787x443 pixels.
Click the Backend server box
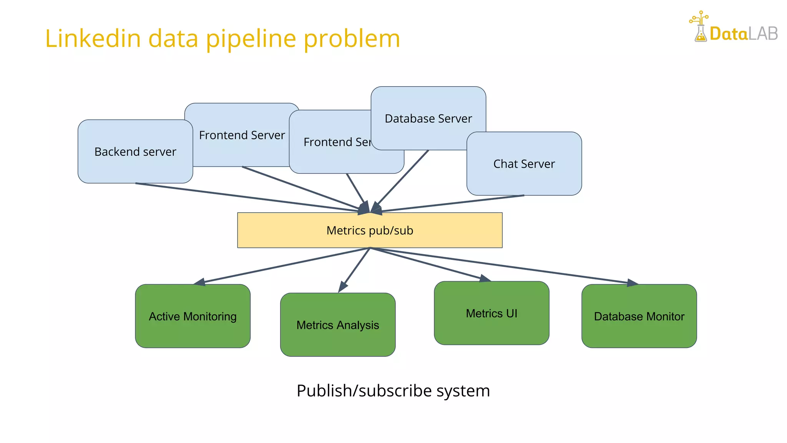(135, 152)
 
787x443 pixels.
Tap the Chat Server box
(524, 164)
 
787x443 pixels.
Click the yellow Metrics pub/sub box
(369, 230)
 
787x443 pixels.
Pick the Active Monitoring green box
(193, 316)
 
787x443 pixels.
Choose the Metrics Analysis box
(337, 325)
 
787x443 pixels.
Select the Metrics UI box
(491, 313)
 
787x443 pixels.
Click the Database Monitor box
(639, 316)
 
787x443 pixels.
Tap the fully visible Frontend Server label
(242, 135)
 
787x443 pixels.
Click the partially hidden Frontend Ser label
(337, 142)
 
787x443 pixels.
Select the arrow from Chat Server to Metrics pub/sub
(453, 203)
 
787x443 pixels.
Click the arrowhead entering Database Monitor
(632, 283)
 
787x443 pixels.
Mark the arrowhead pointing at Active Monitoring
(200, 282)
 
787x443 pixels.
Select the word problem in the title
(352, 38)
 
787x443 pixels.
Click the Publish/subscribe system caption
(393, 391)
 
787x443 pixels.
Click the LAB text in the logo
(763, 34)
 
